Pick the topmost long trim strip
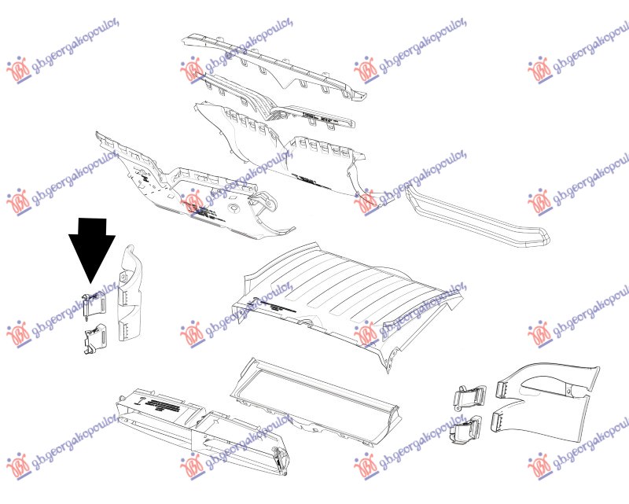click(275, 67)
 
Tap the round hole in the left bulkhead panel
click(234, 210)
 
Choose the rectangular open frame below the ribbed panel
click(314, 393)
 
